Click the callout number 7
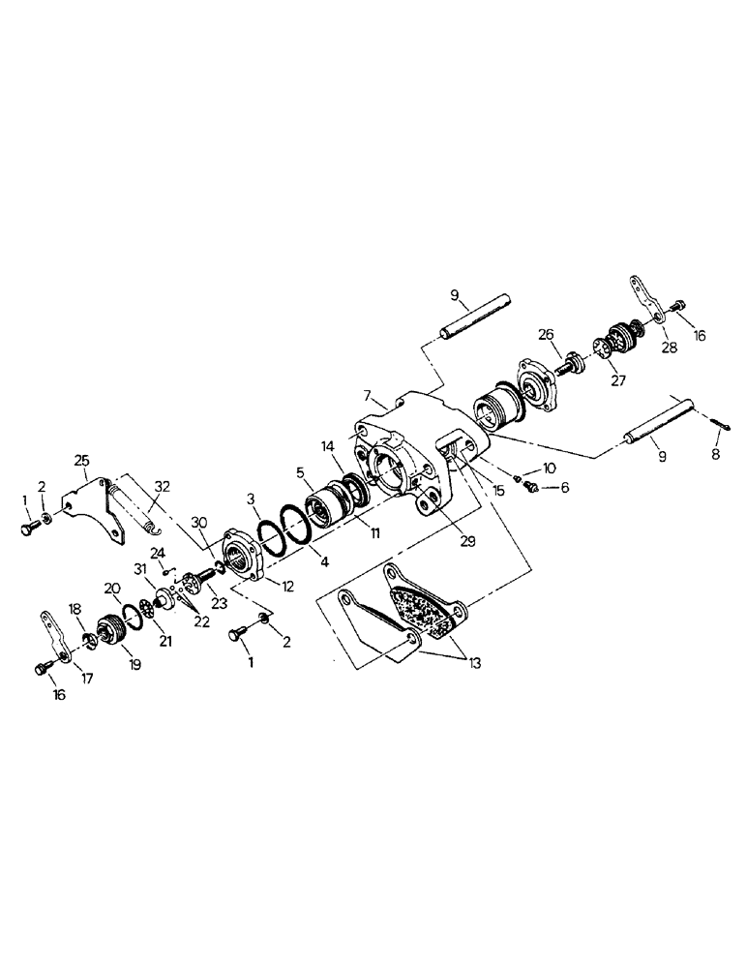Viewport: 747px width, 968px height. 368,395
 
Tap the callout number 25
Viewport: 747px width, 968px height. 81,459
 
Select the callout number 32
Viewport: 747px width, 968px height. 161,488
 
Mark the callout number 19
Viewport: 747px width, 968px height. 130,665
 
